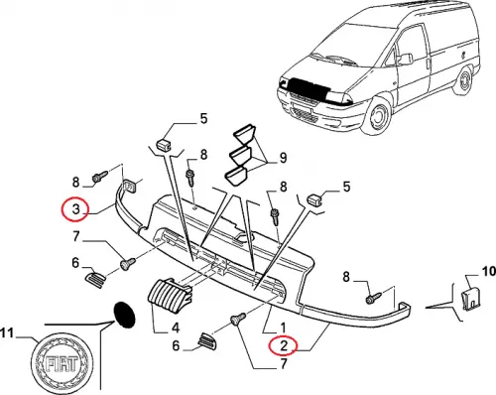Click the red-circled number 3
tap(76, 208)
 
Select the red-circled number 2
tap(284, 345)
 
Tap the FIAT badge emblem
tap(62, 363)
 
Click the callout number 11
tap(7, 333)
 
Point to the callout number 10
tap(489, 272)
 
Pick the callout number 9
tap(283, 158)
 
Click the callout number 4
tap(176, 328)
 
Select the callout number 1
tap(283, 328)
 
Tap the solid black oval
tap(124, 315)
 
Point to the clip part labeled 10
tap(471, 300)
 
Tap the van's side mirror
tap(406, 59)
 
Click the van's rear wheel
tap(464, 79)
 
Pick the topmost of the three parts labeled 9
tap(245, 134)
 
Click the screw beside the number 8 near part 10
tap(373, 298)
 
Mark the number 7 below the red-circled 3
tap(76, 236)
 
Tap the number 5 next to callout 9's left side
tap(203, 118)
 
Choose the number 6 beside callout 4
tap(176, 345)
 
